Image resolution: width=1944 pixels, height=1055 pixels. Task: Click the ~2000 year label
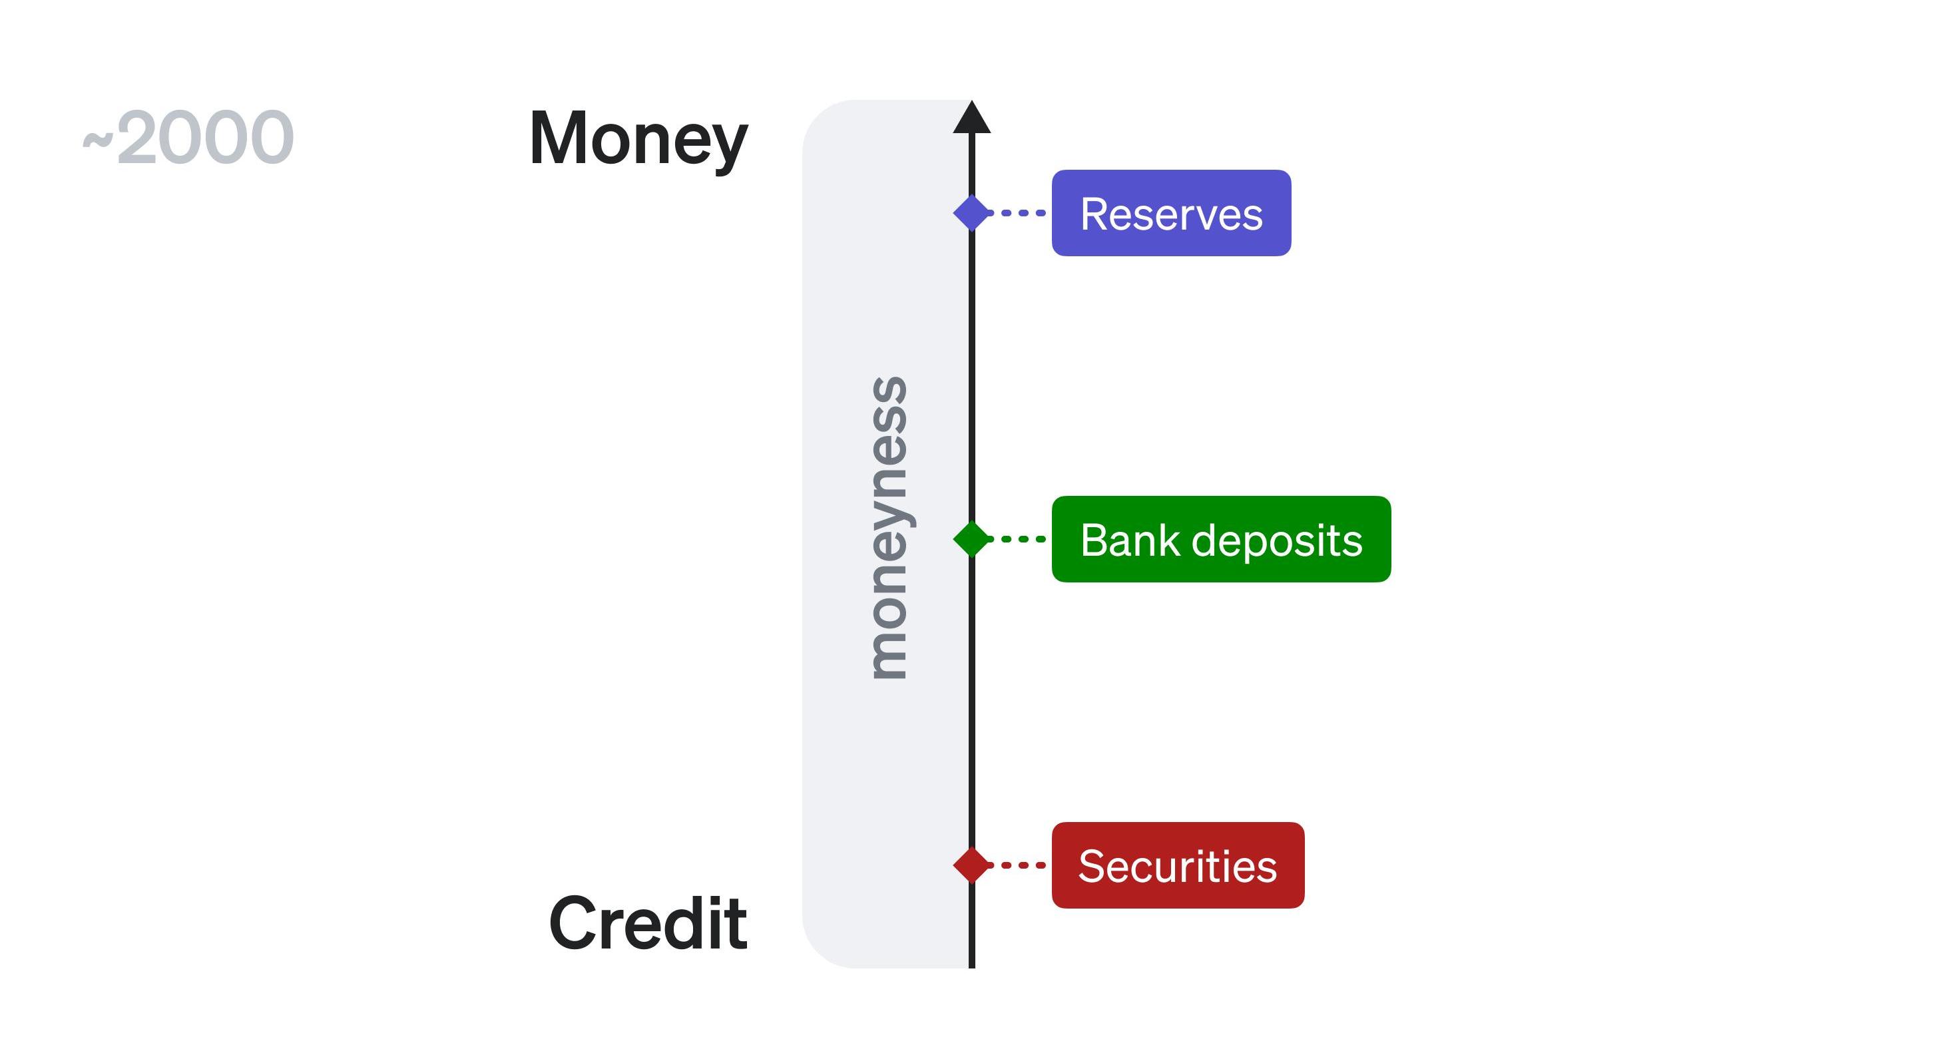click(x=188, y=137)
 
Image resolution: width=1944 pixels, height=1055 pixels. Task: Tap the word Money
click(x=638, y=139)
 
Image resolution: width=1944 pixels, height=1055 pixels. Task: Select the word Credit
click(x=648, y=924)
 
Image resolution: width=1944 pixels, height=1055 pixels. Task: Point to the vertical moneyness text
click(x=888, y=528)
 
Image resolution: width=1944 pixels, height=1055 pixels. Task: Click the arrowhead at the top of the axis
click(x=971, y=118)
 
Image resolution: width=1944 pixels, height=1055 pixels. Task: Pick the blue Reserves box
click(x=1170, y=213)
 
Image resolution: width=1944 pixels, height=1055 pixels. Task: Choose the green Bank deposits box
click(x=1220, y=539)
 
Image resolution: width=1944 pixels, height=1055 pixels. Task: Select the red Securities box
click(x=1177, y=865)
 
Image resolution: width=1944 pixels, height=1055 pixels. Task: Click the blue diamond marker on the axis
click(x=971, y=213)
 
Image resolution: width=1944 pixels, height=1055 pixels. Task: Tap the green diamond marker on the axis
click(x=971, y=539)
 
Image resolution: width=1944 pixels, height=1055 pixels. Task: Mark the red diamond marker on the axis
click(x=971, y=865)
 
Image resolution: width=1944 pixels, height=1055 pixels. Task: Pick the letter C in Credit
click(x=573, y=924)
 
